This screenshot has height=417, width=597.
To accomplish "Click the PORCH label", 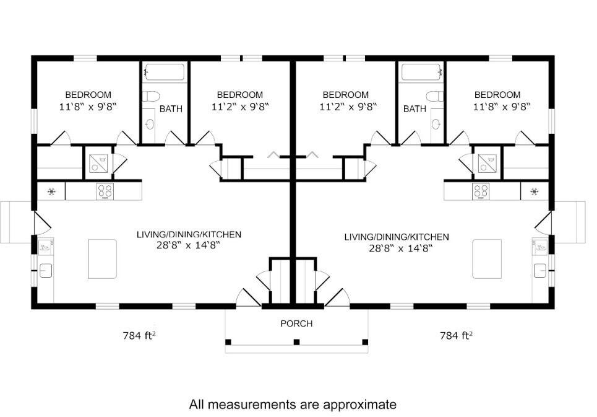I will [x=296, y=323].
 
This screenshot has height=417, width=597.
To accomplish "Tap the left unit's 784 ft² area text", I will [x=138, y=336].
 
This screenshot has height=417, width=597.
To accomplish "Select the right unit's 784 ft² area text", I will [x=456, y=336].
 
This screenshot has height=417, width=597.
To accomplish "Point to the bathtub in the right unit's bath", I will [x=422, y=72].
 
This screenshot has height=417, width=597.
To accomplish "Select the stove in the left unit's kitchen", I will [x=105, y=191].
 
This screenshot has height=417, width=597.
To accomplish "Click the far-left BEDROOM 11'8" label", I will [x=88, y=95].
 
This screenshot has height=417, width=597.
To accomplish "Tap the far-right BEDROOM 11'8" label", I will [x=497, y=95].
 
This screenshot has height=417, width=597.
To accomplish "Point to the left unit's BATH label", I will [x=171, y=109].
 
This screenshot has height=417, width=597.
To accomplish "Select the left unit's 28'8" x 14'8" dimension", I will [x=189, y=245].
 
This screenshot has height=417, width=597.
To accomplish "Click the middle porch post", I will [x=296, y=341].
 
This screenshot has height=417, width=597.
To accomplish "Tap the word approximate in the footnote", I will [x=358, y=405].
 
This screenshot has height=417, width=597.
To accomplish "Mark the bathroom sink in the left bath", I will [x=150, y=123].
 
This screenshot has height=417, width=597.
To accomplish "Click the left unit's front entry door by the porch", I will [x=249, y=298].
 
